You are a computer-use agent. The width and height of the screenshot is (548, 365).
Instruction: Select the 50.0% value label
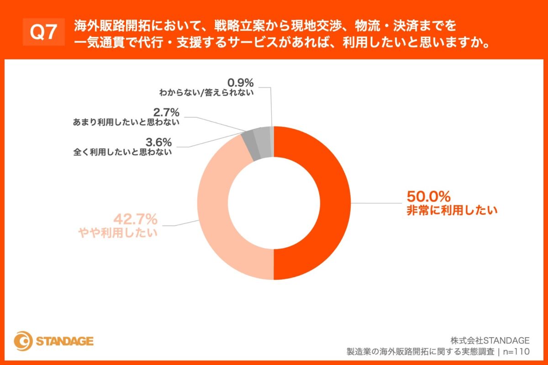pyautogui.click(x=428, y=197)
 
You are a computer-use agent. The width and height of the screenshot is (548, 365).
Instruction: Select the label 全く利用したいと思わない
pyautogui.click(x=122, y=152)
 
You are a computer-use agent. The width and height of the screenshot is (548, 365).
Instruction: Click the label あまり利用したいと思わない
pyautogui.click(x=126, y=123)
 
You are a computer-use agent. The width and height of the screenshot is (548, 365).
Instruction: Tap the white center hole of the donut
pyautogui.click(x=274, y=203)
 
